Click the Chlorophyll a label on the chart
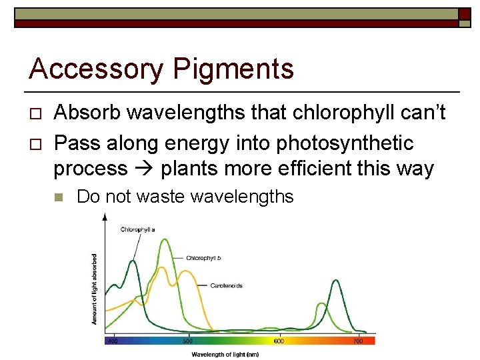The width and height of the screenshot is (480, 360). tap(138, 229)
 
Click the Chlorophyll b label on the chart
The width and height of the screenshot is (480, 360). tap(203, 257)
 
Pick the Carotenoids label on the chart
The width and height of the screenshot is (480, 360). tap(226, 285)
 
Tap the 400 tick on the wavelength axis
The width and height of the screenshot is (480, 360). tap(113, 341)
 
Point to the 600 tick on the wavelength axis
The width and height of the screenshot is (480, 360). tap(278, 341)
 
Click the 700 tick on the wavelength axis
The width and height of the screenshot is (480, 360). tap(357, 341)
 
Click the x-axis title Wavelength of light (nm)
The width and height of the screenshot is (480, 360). tap(225, 354)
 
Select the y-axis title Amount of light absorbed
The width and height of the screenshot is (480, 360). tap(94, 289)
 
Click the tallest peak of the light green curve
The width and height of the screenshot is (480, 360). tap(163, 240)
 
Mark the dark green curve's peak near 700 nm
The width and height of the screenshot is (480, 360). tap(333, 282)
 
